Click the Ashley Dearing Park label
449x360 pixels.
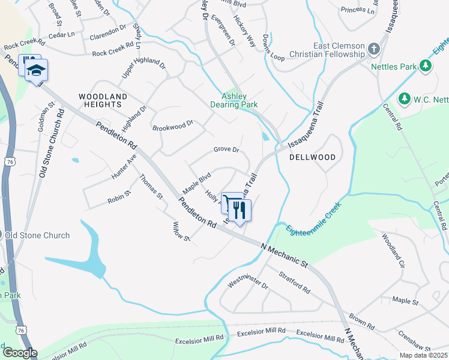coord(240,100)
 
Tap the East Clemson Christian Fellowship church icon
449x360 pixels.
coord(373,48)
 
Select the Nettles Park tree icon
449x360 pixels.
coord(426,65)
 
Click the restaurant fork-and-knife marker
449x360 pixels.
coord(240,210)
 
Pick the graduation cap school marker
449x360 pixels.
coord(36,70)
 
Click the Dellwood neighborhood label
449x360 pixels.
coord(312,157)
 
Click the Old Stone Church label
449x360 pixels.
coord(37,235)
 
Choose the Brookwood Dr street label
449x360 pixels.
coord(173,126)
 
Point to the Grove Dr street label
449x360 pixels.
coord(226,149)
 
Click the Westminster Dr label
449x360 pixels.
coord(248,283)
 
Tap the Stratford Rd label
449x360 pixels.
coord(295,282)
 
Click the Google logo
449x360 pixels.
coord(19,353)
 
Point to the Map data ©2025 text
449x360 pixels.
coord(423,355)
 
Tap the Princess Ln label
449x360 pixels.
coord(357,10)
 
